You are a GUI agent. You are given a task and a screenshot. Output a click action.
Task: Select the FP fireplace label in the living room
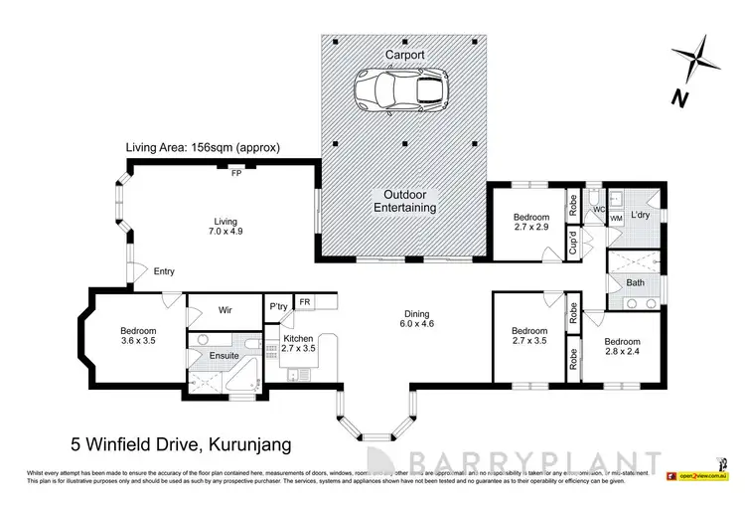tap(236, 172)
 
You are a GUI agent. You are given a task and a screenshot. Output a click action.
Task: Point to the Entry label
tap(164, 271)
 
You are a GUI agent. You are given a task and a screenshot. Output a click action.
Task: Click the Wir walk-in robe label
tap(225, 310)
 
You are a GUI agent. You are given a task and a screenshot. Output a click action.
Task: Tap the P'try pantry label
tap(277, 307)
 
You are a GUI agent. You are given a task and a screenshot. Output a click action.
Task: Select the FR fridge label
tap(304, 302)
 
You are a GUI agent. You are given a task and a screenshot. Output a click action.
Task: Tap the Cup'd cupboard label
tap(573, 241)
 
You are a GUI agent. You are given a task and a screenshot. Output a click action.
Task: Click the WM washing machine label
tap(616, 218)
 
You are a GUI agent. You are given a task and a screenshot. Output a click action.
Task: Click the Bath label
tap(635, 283)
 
